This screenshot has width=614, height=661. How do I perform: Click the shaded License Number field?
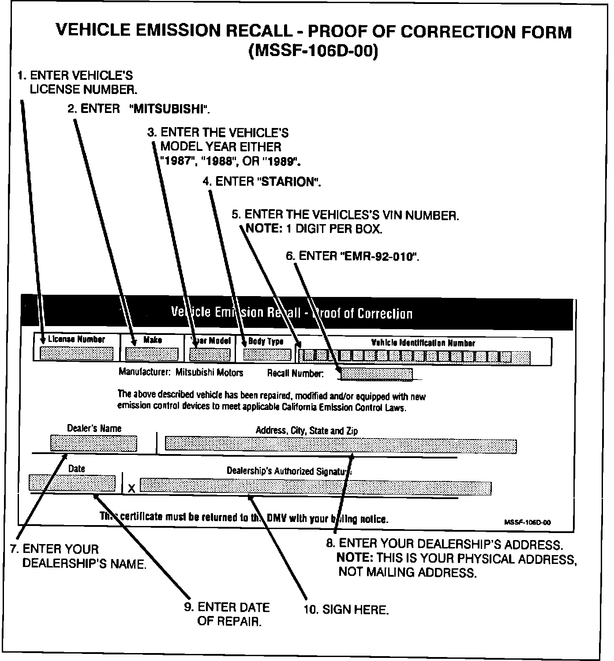[x=76, y=353]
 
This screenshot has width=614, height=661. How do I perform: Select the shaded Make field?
[x=152, y=354]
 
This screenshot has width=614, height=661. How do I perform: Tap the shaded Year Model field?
[x=210, y=354]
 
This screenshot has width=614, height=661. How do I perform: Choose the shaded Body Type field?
[x=267, y=354]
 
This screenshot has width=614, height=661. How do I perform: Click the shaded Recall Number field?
[x=376, y=374]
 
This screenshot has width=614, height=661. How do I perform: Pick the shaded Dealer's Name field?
[x=94, y=443]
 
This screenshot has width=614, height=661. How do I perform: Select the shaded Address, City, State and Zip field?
[x=341, y=445]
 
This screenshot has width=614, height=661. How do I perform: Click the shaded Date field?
[x=72, y=483]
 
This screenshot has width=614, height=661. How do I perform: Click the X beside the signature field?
[x=131, y=488]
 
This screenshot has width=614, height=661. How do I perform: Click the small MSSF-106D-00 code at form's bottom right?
[x=527, y=522]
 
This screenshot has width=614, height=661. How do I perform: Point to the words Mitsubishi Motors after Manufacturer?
[x=209, y=372]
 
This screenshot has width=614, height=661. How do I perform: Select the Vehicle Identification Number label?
[x=423, y=343]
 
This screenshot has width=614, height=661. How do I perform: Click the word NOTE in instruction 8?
[x=355, y=557]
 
